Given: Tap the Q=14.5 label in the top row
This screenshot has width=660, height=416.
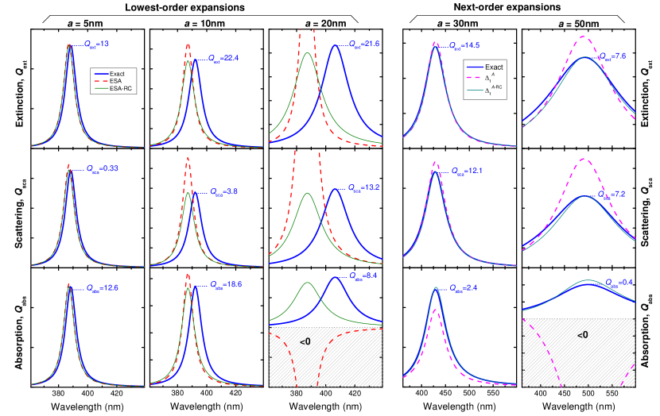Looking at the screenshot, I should tap(464, 47).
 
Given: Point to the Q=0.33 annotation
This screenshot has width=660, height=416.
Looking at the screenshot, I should tap(102, 168).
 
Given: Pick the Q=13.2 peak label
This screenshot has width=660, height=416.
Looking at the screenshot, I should tap(364, 188).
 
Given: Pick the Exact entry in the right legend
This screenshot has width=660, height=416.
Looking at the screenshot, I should tap(494, 67).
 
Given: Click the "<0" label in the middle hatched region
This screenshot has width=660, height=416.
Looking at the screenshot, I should tap(305, 341).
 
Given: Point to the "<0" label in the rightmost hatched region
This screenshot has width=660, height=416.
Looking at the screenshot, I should tap(583, 336).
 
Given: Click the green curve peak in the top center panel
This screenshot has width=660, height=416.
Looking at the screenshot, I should tap(308, 53).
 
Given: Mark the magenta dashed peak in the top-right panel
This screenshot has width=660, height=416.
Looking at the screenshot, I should tap(585, 37).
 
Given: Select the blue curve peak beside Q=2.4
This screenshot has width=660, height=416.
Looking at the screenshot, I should tap(436, 287).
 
